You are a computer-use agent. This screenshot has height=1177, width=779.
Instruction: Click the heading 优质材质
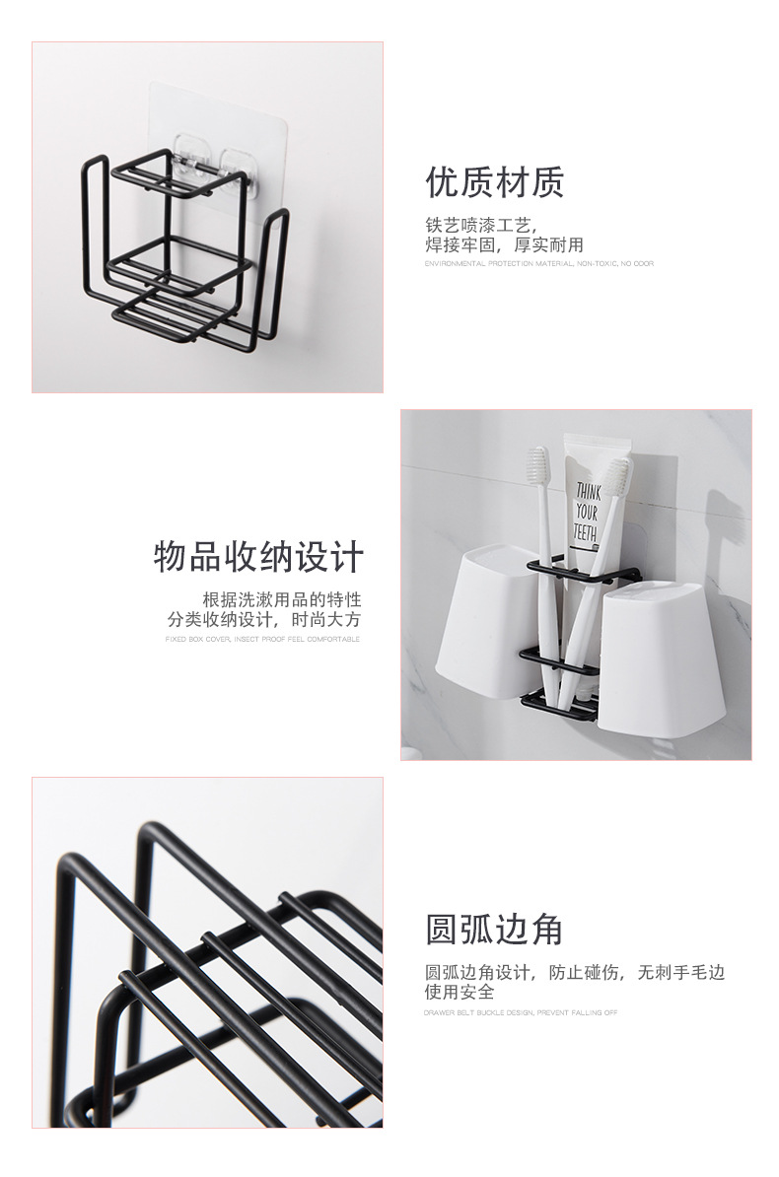[x=494, y=182]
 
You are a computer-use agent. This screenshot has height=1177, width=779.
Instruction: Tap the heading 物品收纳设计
[x=258, y=557]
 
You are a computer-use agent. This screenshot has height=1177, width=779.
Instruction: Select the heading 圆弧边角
[x=494, y=929]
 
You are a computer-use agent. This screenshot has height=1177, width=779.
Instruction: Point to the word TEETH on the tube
[x=585, y=534]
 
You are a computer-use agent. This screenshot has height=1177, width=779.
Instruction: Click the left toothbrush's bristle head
[x=538, y=470]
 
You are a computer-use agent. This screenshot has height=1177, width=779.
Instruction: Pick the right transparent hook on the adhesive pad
[x=241, y=162]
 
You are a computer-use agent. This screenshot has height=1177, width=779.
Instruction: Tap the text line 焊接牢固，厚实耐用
[x=504, y=244]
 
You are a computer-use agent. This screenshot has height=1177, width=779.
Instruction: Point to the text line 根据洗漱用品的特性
[x=281, y=599]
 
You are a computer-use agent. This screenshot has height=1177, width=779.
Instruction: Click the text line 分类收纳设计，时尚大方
[x=263, y=620]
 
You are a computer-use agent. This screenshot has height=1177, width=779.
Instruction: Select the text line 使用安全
[x=460, y=992]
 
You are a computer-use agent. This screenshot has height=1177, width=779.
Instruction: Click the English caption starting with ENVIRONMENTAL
[x=538, y=264]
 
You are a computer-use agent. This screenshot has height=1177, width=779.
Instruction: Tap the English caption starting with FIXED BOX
[x=262, y=640]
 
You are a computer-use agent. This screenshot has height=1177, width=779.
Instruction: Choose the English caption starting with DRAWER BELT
[x=521, y=1012]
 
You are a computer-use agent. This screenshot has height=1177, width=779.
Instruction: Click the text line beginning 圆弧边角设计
[x=574, y=972]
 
